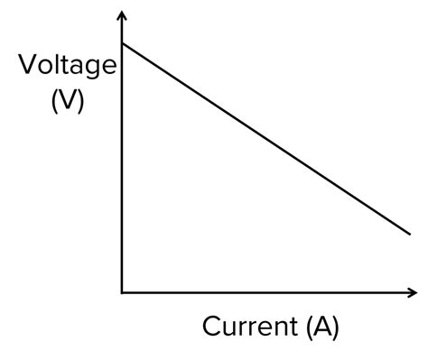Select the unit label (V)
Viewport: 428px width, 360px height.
click(67, 101)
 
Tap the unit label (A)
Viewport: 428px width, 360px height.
click(321, 326)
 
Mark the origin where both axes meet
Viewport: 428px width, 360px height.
click(122, 292)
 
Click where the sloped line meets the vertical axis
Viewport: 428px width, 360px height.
click(122, 42)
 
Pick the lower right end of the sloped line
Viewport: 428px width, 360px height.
click(411, 234)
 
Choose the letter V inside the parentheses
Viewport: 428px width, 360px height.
click(67, 101)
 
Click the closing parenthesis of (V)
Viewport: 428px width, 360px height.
click(80, 102)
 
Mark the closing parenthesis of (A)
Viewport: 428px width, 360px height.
click(335, 327)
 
